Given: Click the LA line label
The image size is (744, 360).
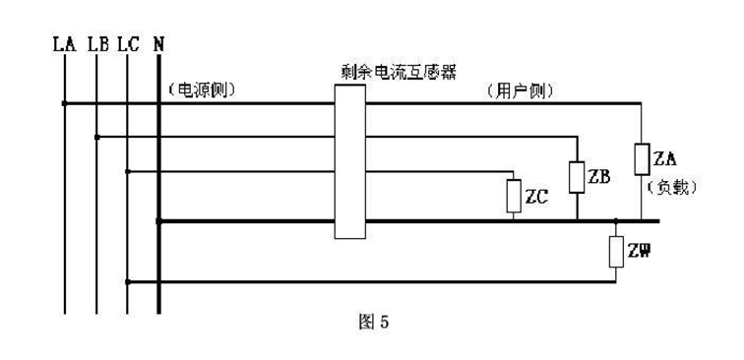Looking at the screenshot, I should [x=65, y=43].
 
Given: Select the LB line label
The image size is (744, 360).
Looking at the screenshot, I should [x=97, y=43].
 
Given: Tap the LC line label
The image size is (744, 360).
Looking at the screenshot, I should [x=128, y=43].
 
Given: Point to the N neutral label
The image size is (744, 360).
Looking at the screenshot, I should [x=159, y=43].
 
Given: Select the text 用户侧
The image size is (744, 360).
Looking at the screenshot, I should [x=522, y=90].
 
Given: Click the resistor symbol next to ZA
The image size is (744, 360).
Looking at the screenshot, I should [x=641, y=158].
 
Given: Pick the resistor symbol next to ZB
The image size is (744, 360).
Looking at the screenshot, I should [x=577, y=176].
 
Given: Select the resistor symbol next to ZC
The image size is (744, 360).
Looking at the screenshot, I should [x=513, y=196].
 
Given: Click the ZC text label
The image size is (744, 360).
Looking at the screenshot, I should [x=536, y=197].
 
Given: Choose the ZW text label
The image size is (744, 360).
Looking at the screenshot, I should [x=639, y=252].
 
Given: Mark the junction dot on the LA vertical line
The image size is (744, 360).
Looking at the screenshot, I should [x=65, y=102].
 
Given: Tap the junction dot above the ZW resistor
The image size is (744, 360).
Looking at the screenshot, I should [x=615, y=221].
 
